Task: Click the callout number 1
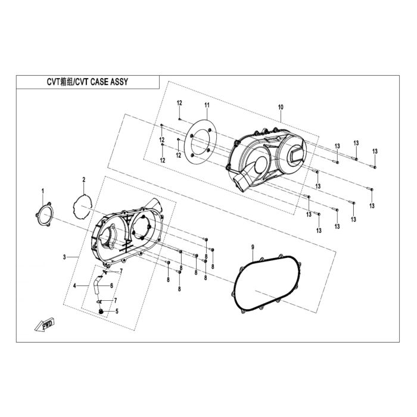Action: pyautogui.click(x=42, y=191)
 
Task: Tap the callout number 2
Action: pyautogui.click(x=84, y=179)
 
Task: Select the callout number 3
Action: pyautogui.click(x=64, y=257)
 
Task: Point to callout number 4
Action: pyautogui.click(x=74, y=285)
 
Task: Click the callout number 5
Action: pyautogui.click(x=117, y=311)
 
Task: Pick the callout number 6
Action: pyautogui.click(x=112, y=285)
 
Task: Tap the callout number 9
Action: pyautogui.click(x=253, y=247)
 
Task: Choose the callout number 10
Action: pyautogui.click(x=281, y=107)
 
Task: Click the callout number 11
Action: pyautogui.click(x=207, y=105)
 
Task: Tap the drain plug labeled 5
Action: pyautogui.click(x=101, y=311)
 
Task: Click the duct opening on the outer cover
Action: pyautogui.click(x=240, y=182)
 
